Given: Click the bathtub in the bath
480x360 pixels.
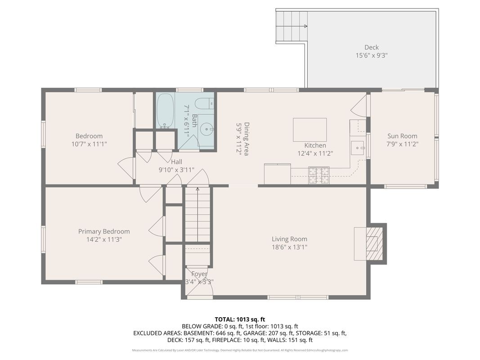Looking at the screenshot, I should [x=166, y=111].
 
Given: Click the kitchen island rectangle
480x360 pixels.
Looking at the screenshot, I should [x=310, y=130].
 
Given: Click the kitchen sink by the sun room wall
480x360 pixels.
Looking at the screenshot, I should [x=358, y=147].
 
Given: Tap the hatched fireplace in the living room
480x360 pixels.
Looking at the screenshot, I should [x=373, y=243].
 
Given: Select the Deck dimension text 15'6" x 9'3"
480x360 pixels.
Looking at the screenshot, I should [x=371, y=55].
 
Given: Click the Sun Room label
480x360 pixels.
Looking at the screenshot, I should [x=402, y=136].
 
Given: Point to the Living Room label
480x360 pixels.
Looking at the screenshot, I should [x=289, y=239].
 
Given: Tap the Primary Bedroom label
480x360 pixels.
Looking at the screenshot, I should [x=104, y=231].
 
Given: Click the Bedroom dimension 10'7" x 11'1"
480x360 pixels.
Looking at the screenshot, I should [x=89, y=144].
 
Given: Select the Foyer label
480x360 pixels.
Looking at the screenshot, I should [x=199, y=274].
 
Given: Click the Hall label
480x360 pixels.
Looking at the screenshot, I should [x=176, y=162].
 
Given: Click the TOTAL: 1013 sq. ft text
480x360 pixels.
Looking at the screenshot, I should [x=240, y=319].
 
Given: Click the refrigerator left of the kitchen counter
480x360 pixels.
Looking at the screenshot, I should [x=277, y=174].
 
